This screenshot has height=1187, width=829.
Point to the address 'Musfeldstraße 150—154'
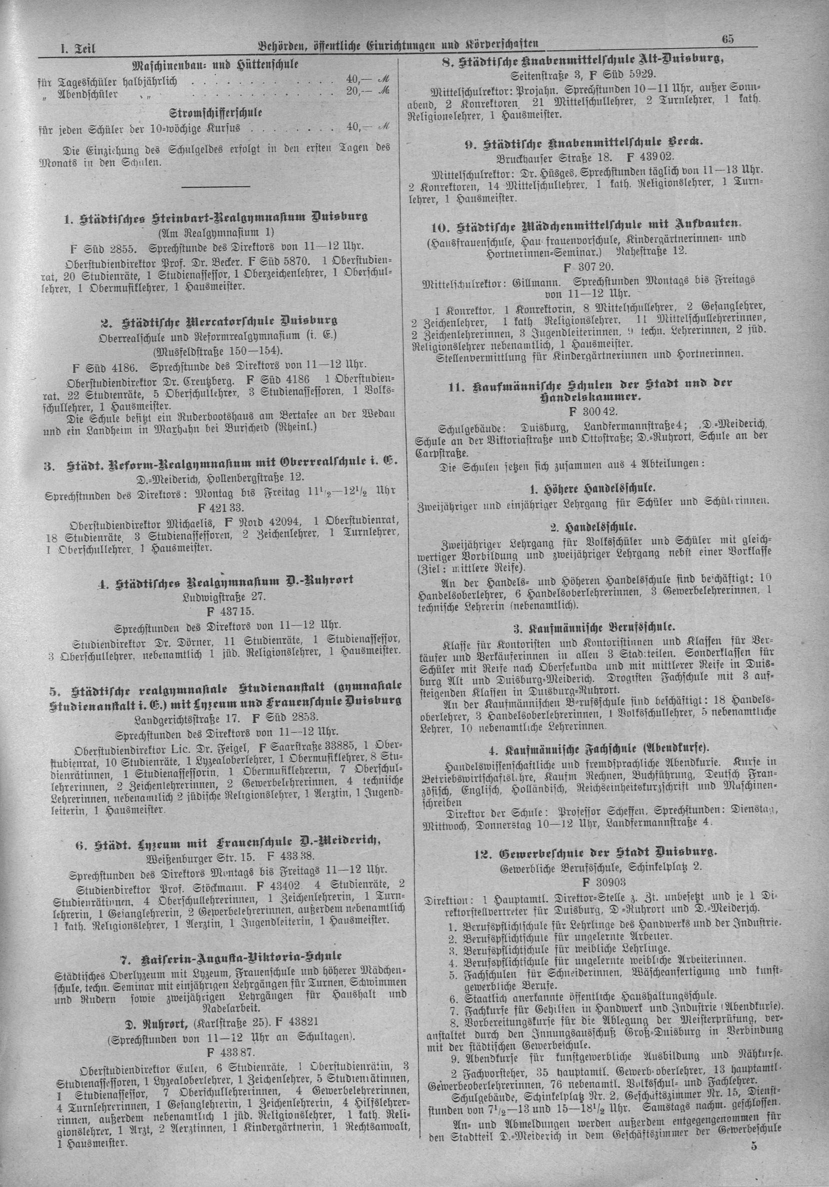pyautogui.click(x=217, y=351)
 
